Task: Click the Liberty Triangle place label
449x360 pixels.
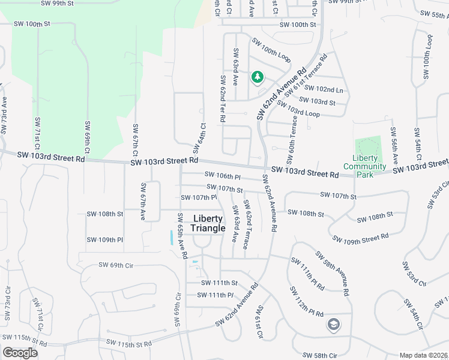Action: (x=208, y=223)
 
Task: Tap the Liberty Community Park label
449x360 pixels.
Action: (x=364, y=166)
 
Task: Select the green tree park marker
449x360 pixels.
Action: (x=258, y=77)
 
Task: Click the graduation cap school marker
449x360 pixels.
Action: (x=333, y=325)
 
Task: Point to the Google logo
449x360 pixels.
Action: (x=20, y=353)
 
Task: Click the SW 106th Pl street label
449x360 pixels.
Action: (x=222, y=176)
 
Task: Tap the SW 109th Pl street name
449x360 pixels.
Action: (x=104, y=240)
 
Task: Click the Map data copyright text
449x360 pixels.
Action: (x=423, y=355)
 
